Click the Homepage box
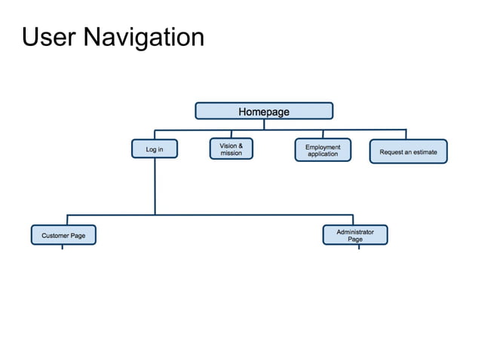264,111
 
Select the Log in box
155,150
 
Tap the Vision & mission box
231,149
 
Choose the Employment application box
323,151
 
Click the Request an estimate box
408,151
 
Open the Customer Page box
63,236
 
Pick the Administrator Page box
355,235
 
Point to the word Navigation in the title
143,36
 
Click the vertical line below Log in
155,185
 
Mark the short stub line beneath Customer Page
63,248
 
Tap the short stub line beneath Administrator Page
359,248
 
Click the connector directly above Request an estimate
406,134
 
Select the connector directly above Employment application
323,134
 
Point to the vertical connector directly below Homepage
264,124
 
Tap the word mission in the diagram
231,154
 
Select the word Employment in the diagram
323,147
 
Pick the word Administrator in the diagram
355,232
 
